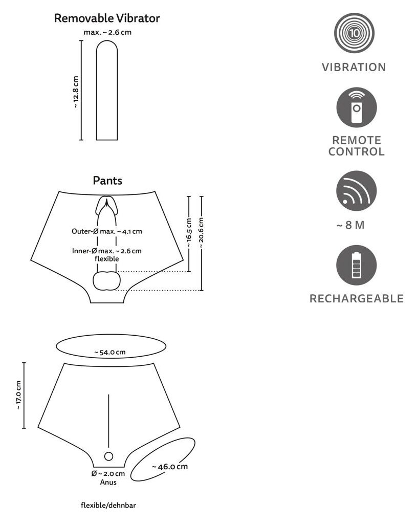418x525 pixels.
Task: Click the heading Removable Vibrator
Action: pos(107,18)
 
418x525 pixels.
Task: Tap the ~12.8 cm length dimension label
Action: pos(76,92)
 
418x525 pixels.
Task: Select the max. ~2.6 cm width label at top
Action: pos(111,33)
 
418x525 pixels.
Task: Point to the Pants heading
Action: pos(107,181)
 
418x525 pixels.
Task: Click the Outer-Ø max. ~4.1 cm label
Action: pos(107,231)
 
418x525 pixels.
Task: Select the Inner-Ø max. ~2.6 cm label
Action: pos(107,251)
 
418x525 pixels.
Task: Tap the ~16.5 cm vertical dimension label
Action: pos(189,233)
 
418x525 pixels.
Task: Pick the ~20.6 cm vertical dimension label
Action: pos(202,233)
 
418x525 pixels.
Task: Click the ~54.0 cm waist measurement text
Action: pos(110,352)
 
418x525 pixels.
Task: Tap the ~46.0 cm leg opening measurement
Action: pos(170,467)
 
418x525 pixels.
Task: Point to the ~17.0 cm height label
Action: pos(19,395)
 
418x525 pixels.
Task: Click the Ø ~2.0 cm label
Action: pos(108,474)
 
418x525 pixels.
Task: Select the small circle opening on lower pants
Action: pos(108,456)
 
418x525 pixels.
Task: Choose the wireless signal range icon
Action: pos(356,191)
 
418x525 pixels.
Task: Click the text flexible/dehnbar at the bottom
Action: pos(108,506)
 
